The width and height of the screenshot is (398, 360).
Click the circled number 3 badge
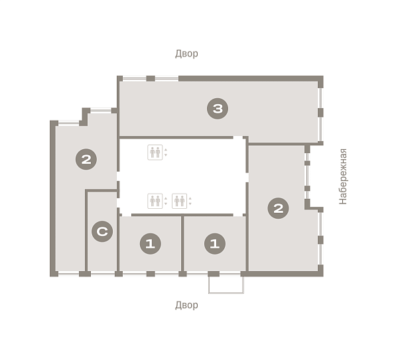(x=218, y=109)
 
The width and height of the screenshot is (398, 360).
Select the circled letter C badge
(x=102, y=231)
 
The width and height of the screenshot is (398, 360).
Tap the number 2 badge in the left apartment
(x=86, y=159)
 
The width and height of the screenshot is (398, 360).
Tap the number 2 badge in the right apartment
(x=278, y=208)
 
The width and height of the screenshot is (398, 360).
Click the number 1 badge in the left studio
(x=151, y=244)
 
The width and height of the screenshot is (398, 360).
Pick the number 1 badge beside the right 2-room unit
(x=215, y=244)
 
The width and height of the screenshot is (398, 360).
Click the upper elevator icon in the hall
(x=155, y=152)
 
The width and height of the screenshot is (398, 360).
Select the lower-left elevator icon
(x=155, y=201)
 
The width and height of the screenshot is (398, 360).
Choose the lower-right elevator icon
(x=180, y=201)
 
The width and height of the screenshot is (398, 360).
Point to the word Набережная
(x=343, y=176)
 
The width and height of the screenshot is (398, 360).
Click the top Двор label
(x=186, y=54)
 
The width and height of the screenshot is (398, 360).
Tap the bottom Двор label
(x=186, y=305)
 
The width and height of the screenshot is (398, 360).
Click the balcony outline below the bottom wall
(x=226, y=293)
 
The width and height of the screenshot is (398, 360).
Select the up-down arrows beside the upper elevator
(x=166, y=152)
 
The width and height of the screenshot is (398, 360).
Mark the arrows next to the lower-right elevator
(x=190, y=201)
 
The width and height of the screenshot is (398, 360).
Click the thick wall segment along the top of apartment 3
(x=251, y=78)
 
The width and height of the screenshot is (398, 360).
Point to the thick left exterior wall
(x=53, y=198)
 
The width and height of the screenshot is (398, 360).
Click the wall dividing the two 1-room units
(x=182, y=244)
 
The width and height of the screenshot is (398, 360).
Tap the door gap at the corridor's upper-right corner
(x=238, y=137)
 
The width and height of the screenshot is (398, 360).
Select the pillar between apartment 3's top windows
(x=151, y=78)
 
